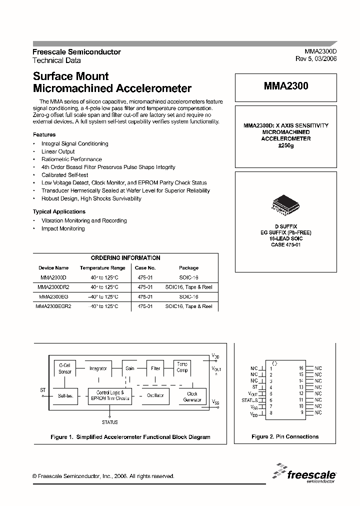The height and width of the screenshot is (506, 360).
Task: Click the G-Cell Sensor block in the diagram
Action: pos(65,368)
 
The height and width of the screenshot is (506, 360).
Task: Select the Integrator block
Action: pos(98,368)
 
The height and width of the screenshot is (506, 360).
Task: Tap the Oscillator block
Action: pos(155,396)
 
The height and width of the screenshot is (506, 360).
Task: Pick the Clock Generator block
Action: pos(192,396)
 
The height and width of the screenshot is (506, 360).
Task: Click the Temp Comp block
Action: pos(182,367)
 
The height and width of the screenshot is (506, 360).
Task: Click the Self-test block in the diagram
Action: pos(65,396)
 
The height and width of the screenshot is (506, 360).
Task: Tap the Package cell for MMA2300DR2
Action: pos(188,287)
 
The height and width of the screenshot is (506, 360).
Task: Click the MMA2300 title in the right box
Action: pos(286,86)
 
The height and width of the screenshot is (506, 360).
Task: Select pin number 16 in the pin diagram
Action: pos(301,368)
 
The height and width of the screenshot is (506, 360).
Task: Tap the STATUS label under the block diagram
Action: pos(109,422)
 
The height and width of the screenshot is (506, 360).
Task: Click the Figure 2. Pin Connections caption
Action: pos(285,436)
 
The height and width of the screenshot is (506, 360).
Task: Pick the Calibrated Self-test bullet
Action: pos(65,175)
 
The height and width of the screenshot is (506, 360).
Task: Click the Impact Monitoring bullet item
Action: pos(63,228)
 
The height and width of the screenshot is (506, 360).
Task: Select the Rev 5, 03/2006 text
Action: pos(316,58)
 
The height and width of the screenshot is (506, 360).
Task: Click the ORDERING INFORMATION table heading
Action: pos(125,258)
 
